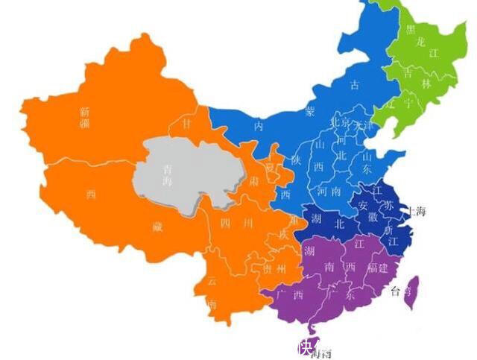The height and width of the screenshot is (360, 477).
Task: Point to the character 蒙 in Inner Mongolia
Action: point(309,110)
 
